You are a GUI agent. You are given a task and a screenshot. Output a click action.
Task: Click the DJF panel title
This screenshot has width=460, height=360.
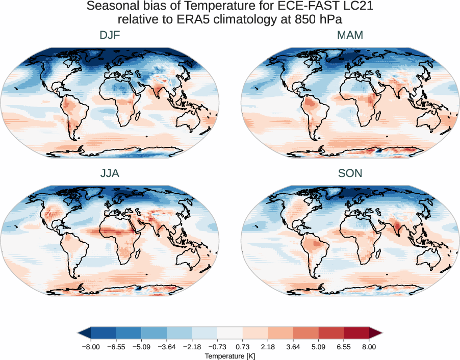110,36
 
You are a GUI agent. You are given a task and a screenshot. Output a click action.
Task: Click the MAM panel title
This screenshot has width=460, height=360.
350,36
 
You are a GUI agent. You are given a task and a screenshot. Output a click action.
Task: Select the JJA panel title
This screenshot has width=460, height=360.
110,173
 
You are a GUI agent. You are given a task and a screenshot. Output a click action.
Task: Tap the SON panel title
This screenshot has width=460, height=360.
350,173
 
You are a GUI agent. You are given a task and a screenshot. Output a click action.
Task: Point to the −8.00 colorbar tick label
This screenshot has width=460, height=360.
91,347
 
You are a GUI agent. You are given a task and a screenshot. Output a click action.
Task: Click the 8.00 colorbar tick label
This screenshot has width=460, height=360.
369,347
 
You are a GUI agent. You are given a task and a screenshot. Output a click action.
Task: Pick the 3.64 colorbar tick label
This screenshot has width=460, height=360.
293,347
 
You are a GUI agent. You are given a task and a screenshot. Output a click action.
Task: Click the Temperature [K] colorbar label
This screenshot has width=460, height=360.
229,355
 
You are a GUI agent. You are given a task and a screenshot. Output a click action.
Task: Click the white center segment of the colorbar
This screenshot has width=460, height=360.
229,333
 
